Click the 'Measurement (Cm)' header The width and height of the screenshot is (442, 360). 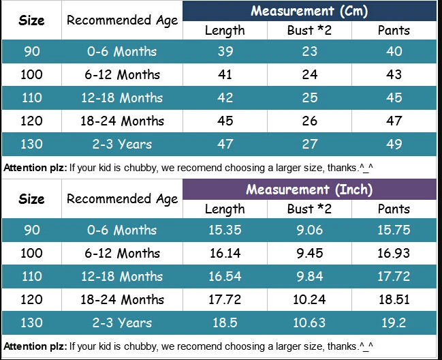[x=309, y=12]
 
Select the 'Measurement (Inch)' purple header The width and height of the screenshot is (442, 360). [x=309, y=190]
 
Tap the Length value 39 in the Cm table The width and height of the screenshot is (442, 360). [x=225, y=51]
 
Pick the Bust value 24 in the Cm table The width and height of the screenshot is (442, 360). [x=309, y=74]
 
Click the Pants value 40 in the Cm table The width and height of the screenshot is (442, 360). [x=394, y=51]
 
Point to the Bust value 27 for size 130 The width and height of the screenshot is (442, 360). [x=309, y=144]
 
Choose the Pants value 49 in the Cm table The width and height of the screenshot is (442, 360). [x=394, y=144]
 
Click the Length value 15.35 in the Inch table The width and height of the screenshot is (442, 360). [x=225, y=230]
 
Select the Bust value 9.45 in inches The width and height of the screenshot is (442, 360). [x=309, y=253]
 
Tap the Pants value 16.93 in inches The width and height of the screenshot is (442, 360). [x=394, y=253]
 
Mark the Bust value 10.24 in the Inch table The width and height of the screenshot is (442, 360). [x=309, y=299]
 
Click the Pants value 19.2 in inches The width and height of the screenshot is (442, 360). [x=394, y=322]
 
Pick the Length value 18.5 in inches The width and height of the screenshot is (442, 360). [x=225, y=322]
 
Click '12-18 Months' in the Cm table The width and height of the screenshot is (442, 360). [x=122, y=97]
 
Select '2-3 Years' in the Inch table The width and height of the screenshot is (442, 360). [x=122, y=322]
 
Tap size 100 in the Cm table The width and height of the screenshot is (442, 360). [x=31, y=74]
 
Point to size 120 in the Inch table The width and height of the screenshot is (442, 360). [x=31, y=299]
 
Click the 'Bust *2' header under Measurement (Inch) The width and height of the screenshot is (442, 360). [x=309, y=209]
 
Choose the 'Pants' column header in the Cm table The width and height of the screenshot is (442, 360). [x=394, y=31]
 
